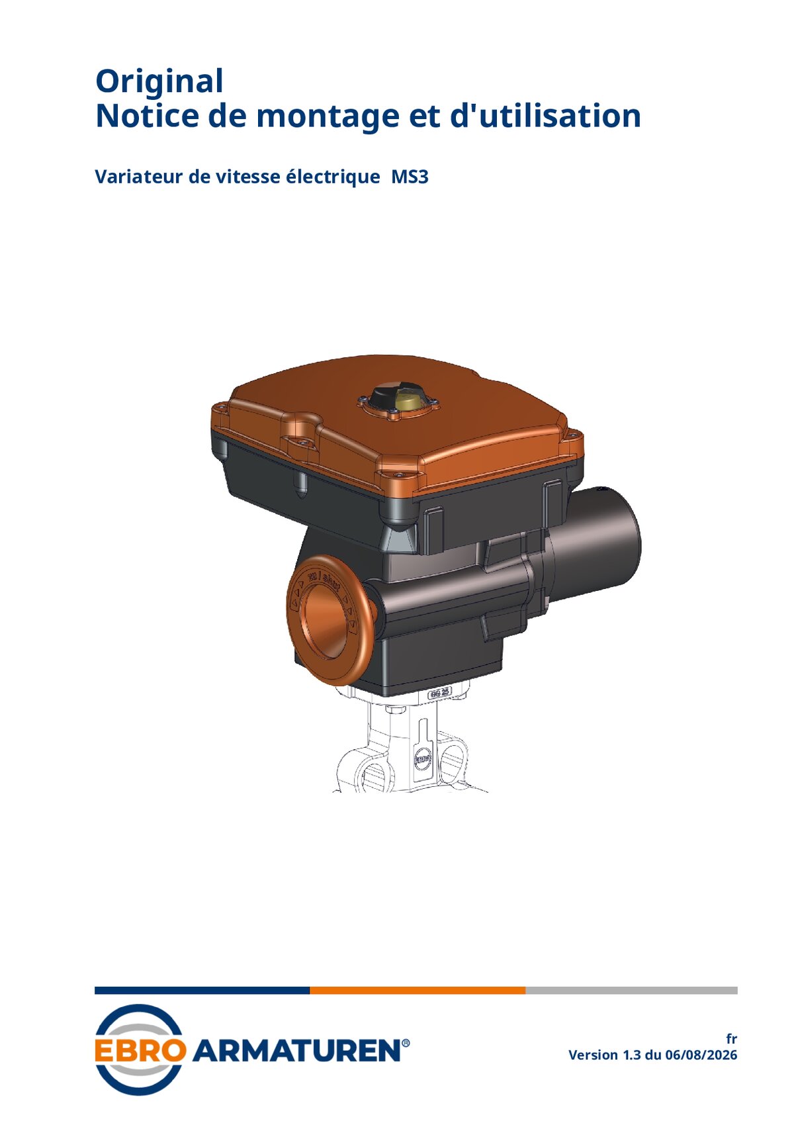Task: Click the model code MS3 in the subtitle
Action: pos(410,177)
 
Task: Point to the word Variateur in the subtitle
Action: pos(139,177)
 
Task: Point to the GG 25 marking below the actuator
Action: pos(439,694)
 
